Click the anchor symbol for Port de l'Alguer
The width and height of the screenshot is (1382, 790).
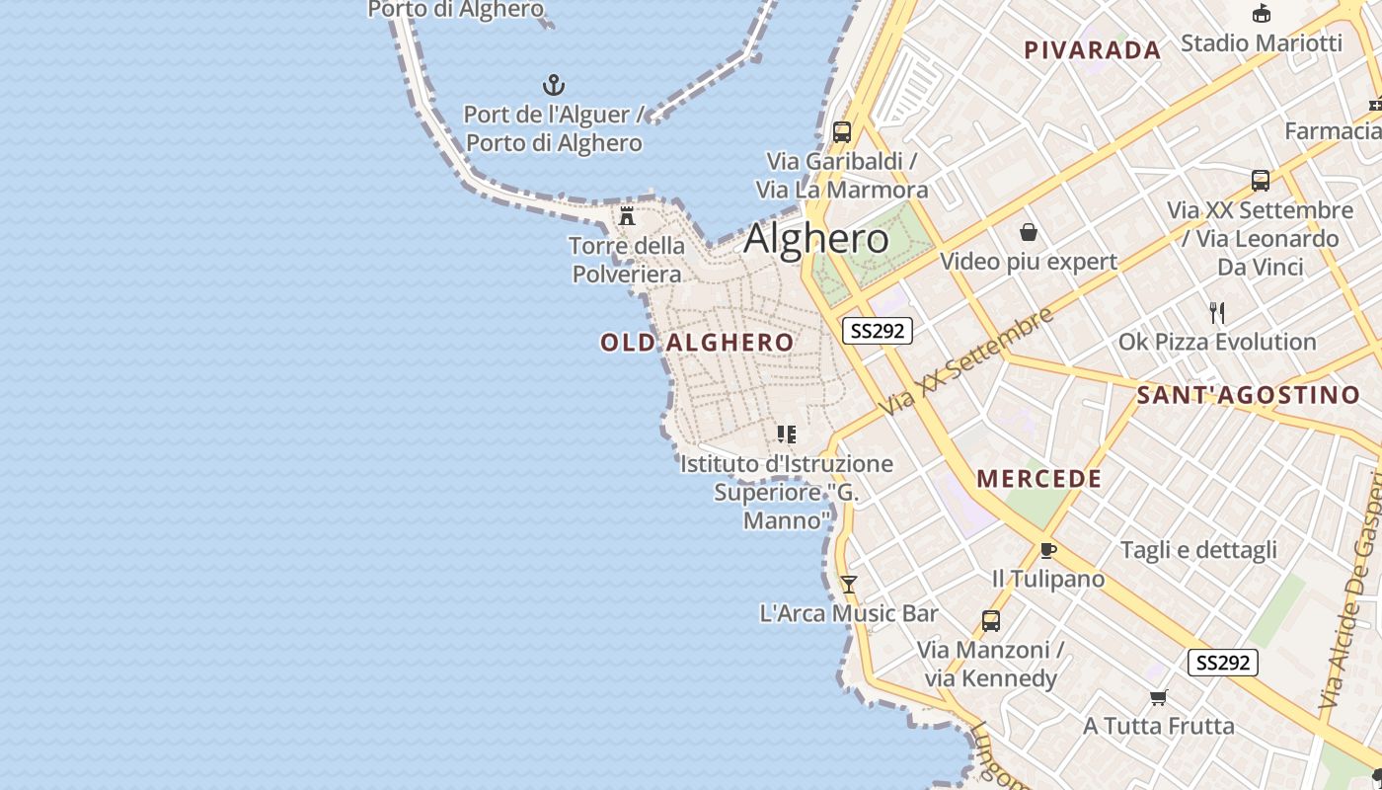(x=554, y=85)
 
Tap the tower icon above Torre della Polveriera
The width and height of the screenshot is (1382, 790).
(x=627, y=216)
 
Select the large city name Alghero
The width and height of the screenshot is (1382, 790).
(x=815, y=239)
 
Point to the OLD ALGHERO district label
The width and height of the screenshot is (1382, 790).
(x=697, y=343)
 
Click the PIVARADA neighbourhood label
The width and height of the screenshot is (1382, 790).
(x=1092, y=50)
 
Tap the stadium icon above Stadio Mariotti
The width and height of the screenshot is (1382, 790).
(x=1261, y=14)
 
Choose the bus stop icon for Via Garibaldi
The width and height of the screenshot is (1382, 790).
(x=842, y=131)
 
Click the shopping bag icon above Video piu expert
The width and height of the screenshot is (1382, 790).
(x=1029, y=232)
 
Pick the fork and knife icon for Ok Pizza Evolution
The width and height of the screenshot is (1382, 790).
(x=1217, y=313)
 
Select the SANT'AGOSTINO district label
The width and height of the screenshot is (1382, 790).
(x=1248, y=396)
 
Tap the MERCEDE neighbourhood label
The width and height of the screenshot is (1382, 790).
(x=1038, y=479)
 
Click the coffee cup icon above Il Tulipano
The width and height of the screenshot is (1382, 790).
(x=1047, y=550)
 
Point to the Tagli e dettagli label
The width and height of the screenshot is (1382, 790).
(x=1198, y=550)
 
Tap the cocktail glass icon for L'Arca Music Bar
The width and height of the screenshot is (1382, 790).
(x=848, y=585)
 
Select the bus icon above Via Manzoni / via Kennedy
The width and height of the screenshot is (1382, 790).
(x=991, y=621)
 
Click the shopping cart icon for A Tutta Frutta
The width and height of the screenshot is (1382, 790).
(x=1159, y=698)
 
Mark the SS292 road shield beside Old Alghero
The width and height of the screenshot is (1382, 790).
(x=877, y=331)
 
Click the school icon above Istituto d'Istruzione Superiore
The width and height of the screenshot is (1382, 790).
(x=787, y=434)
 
